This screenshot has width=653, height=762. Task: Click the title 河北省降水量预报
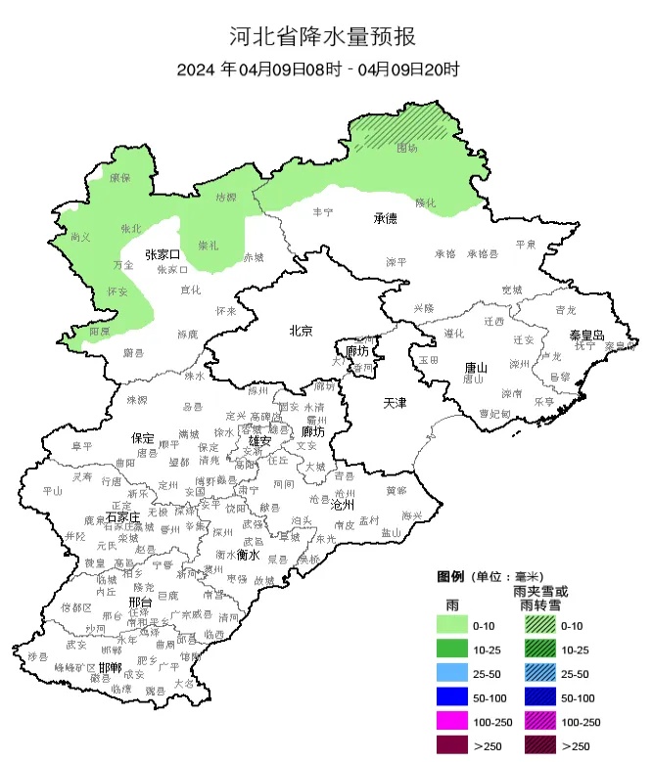(x=322, y=37)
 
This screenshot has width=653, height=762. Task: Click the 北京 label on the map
(x=300, y=331)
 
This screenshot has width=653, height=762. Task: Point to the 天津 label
(x=395, y=403)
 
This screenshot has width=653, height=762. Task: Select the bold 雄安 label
(x=260, y=441)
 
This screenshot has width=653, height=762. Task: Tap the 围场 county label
(x=406, y=148)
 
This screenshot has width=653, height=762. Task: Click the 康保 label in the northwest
(x=119, y=178)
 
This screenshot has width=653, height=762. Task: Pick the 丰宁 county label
(x=322, y=211)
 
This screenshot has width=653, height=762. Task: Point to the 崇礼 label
(x=209, y=244)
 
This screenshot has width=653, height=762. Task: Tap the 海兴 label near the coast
(x=411, y=515)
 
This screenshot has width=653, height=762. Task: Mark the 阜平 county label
(x=82, y=446)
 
